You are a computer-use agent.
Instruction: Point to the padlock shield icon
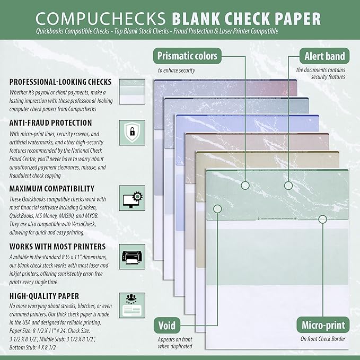click(x=129, y=132)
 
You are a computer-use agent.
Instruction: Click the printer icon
click(x=129, y=254)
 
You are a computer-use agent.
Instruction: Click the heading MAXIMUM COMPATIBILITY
click(x=52, y=188)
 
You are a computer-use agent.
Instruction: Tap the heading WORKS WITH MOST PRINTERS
click(x=57, y=247)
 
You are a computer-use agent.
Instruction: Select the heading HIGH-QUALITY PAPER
click(x=44, y=295)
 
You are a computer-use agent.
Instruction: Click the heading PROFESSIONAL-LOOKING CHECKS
click(x=60, y=82)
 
